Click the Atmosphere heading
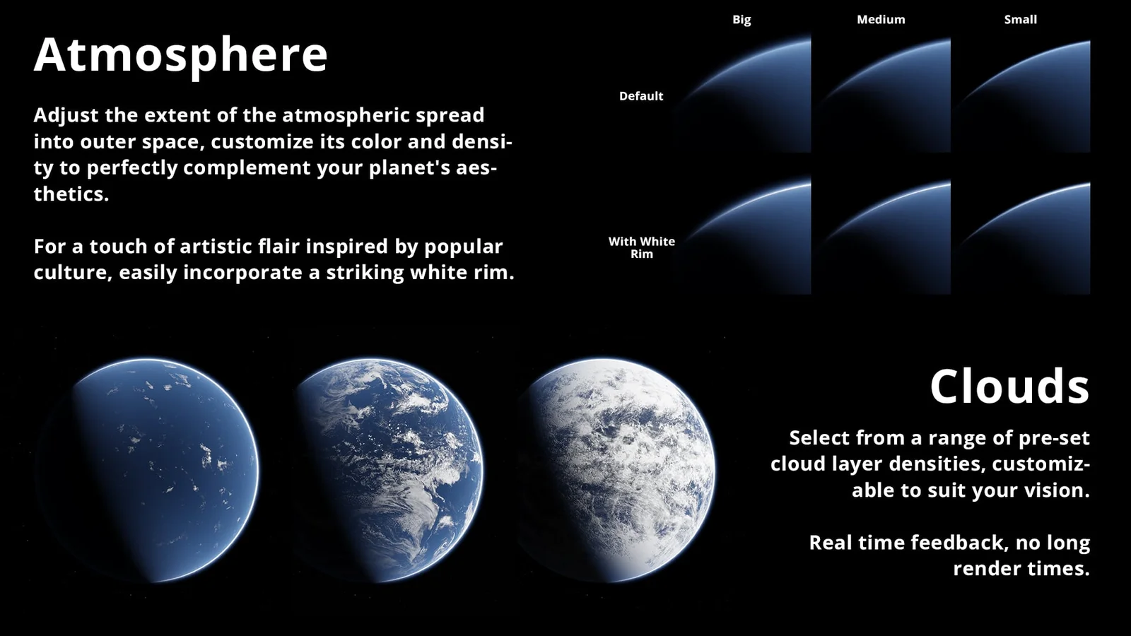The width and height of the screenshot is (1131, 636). pyautogui.click(x=180, y=54)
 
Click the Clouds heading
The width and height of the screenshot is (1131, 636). pyautogui.click(x=1009, y=387)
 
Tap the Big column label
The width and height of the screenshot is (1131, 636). pyautogui.click(x=741, y=20)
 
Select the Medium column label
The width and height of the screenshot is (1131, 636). pyautogui.click(x=881, y=20)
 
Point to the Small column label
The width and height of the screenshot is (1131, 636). pyautogui.click(x=1020, y=20)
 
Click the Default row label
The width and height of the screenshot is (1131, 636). pyautogui.click(x=640, y=96)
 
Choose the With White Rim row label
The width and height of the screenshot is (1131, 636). pyautogui.click(x=641, y=247)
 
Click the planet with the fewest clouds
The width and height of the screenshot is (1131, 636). pyautogui.click(x=152, y=470)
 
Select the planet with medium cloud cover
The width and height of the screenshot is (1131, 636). pyautogui.click(x=385, y=470)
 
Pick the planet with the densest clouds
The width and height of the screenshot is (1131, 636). pyautogui.click(x=615, y=470)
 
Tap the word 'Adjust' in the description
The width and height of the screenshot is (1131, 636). pyautogui.click(x=66, y=115)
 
